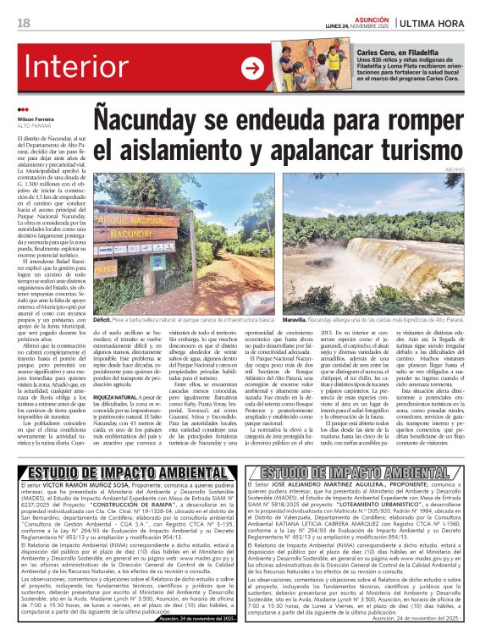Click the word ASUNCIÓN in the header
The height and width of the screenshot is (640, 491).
coord(372,18)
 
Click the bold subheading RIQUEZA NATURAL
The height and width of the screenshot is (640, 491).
coord(119,396)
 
